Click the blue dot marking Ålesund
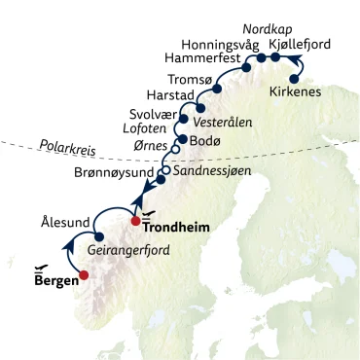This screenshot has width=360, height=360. (x=99, y=236)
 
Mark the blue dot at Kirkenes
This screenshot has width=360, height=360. (x=295, y=79)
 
